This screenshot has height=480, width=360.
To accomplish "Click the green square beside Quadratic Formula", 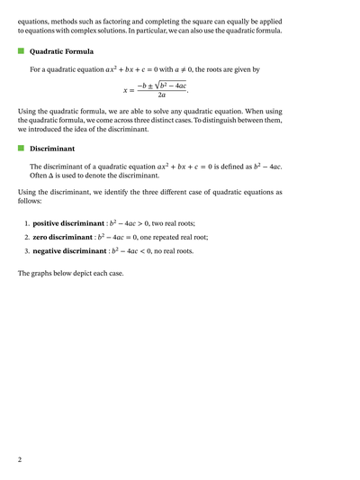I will tap(22, 51).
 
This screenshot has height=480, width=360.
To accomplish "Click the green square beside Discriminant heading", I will tap(22, 149).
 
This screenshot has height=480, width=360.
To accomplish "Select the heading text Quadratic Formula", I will tap(61, 52).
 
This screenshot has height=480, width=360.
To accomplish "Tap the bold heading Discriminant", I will tap(52, 149).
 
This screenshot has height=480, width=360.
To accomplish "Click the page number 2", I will tap(20, 459).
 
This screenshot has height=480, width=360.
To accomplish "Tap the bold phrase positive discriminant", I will tap(69, 222).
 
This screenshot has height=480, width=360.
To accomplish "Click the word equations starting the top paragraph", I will tap(36, 16).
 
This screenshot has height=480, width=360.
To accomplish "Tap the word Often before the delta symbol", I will tap(40, 176).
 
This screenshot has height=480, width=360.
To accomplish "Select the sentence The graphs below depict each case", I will tap(71, 273).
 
